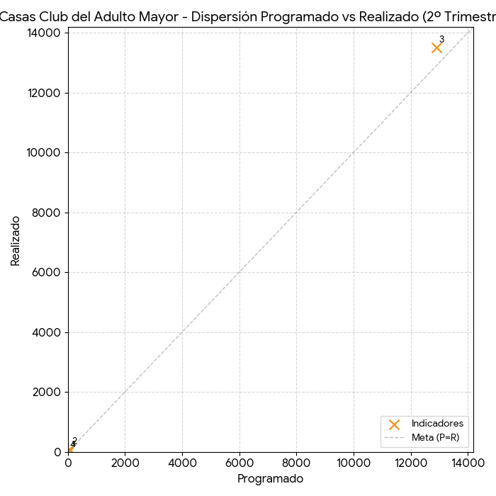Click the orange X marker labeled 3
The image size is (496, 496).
click(436, 47)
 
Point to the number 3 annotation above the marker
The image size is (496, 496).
click(441, 40)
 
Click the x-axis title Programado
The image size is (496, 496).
click(270, 479)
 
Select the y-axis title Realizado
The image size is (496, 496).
click(16, 241)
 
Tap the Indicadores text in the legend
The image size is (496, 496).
click(437, 424)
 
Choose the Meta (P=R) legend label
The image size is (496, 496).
click(435, 438)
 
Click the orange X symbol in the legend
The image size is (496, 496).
click(394, 424)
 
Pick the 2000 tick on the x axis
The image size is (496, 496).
click(125, 463)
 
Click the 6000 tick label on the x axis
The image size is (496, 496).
click(239, 463)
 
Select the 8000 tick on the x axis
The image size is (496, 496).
click(296, 463)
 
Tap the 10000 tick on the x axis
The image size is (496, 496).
click(354, 463)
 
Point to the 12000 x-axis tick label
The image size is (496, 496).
click(411, 463)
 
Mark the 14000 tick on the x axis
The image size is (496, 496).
click(468, 463)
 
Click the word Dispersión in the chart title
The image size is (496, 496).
click(226, 16)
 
